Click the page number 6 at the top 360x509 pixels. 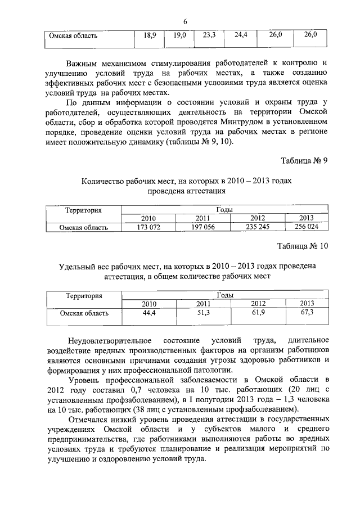click(x=184, y=21)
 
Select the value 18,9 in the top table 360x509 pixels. click(x=150, y=35)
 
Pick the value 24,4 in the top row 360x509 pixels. click(x=241, y=35)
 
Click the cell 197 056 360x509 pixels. click(x=202, y=227)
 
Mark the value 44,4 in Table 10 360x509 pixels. click(x=148, y=313)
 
